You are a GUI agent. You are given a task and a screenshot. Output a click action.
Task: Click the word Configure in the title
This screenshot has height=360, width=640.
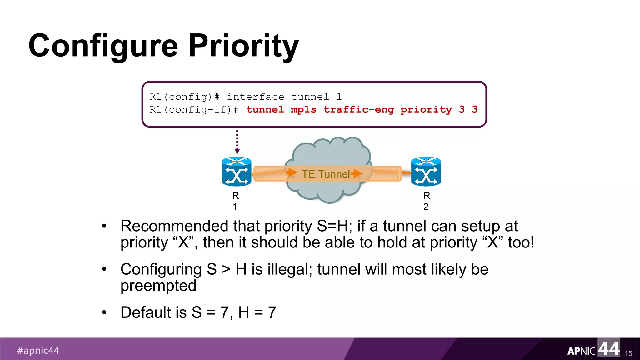click(x=103, y=46)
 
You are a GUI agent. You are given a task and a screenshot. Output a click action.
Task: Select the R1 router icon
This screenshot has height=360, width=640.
click(x=236, y=172)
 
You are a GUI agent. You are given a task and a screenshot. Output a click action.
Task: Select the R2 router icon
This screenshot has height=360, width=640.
click(x=426, y=172)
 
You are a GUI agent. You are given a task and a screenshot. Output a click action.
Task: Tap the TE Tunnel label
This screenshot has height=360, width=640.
click(x=326, y=174)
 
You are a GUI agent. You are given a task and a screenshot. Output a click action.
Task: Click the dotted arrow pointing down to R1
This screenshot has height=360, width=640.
click(x=237, y=142)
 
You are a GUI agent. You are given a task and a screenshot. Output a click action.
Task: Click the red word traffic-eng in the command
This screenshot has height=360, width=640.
click(x=358, y=109)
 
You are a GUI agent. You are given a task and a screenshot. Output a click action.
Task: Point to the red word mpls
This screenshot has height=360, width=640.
click(x=303, y=110)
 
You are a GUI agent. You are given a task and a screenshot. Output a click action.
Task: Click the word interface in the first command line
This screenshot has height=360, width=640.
click(x=255, y=97)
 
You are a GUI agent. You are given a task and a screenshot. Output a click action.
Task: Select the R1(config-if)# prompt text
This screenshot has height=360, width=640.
click(x=194, y=110)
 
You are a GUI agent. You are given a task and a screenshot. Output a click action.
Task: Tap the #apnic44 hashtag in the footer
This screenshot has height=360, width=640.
click(x=38, y=350)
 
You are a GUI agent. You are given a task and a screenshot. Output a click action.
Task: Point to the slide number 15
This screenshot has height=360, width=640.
click(x=628, y=353)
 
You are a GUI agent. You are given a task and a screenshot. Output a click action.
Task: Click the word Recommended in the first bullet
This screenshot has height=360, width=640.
click(x=174, y=226)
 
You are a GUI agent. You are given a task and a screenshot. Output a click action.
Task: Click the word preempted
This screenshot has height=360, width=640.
click(x=158, y=286)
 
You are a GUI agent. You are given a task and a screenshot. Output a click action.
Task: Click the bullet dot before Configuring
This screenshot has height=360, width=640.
click(x=104, y=269)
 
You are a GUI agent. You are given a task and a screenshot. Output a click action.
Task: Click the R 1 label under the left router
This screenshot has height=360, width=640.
click(x=235, y=201)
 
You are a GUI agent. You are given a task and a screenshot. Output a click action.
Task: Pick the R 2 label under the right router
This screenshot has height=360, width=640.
click(x=426, y=201)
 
